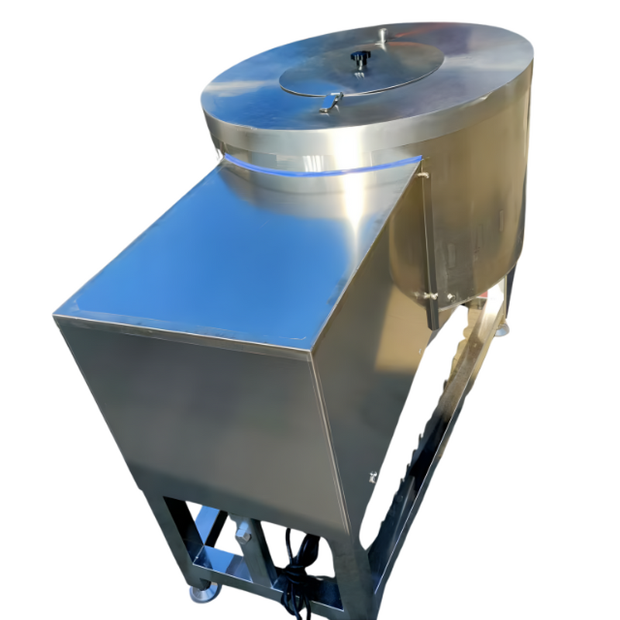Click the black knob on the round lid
point(360,57)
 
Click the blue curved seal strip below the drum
point(325,168)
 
